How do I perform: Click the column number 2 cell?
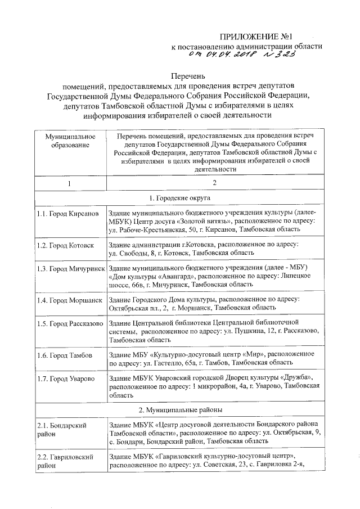[x=214, y=183]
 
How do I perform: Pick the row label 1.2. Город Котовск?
[x=66, y=245]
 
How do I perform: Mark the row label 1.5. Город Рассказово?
[x=70, y=323]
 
